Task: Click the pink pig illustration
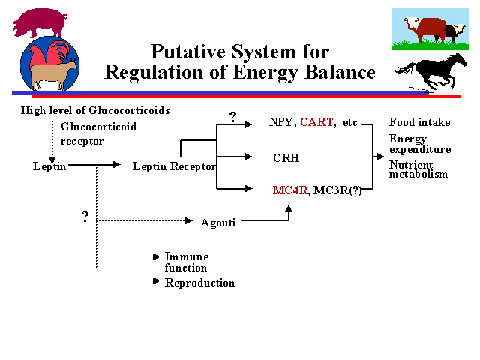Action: coord(40,22)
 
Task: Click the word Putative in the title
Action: coord(185,52)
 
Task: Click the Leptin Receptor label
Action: coord(174,166)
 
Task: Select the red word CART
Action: coord(316,122)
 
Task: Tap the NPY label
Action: coord(281,122)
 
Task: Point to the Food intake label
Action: coord(419,122)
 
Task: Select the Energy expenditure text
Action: coord(419,144)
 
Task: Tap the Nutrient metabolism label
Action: coord(418,169)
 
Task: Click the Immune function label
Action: coord(186,262)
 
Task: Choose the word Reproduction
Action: coord(199,283)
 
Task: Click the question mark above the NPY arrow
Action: coord(232,116)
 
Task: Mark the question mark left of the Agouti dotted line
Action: coord(85,216)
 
